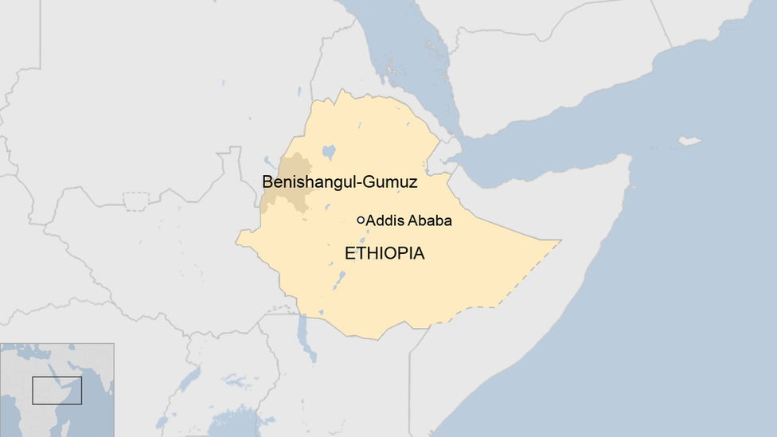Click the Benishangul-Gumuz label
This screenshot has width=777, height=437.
click(340, 182)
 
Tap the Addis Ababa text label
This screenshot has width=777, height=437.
click(408, 220)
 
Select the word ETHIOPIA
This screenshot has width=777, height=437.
click(385, 254)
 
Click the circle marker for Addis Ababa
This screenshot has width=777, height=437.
click(361, 220)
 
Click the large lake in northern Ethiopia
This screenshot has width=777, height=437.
click(329, 151)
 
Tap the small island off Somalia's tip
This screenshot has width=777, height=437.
click(689, 141)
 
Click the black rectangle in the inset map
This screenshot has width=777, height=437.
click(57, 390)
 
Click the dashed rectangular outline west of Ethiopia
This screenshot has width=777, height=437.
click(136, 201)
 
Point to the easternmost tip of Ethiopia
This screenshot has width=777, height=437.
click(559, 241)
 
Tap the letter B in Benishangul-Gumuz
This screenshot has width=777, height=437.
click(267, 182)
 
